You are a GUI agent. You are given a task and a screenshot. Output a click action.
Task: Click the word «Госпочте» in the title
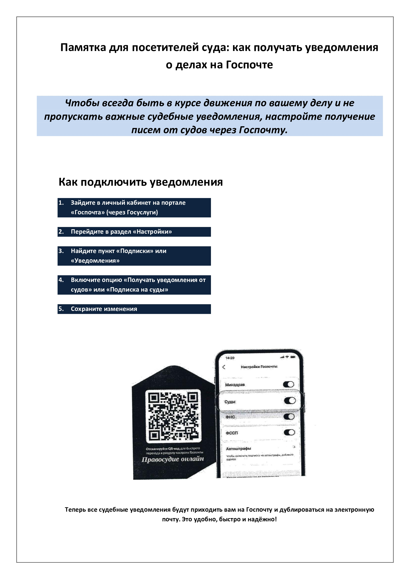click(249, 65)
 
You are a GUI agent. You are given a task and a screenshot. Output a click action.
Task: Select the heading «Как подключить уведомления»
click(141, 182)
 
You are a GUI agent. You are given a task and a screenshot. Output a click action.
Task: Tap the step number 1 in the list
click(61, 203)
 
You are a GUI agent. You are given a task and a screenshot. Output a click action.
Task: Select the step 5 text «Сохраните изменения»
click(104, 309)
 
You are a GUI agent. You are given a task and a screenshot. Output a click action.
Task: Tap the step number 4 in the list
click(61, 280)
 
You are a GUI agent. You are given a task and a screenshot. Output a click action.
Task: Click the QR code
click(173, 416)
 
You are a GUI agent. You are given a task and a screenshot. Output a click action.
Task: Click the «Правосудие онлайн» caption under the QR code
click(173, 459)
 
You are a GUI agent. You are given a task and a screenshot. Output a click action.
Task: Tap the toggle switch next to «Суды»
click(290, 401)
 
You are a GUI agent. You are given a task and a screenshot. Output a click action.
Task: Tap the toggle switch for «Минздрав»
click(288, 384)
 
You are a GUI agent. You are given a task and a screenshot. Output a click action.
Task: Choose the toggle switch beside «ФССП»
click(289, 432)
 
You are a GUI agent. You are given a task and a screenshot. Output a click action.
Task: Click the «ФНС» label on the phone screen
click(230, 417)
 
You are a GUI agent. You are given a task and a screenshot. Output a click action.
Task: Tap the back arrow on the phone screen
click(224, 367)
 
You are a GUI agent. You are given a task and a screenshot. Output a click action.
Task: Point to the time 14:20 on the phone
click(230, 358)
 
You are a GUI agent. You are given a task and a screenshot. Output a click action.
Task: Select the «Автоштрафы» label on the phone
click(238, 449)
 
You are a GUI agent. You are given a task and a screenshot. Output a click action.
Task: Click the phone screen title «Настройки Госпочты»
click(259, 367)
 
